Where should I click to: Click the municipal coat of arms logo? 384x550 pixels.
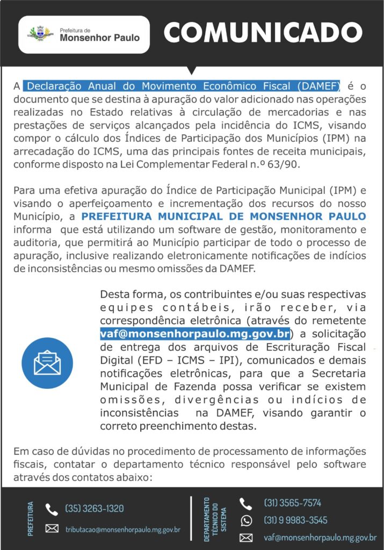point(40,34)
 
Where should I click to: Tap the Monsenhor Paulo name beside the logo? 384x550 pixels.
point(99,38)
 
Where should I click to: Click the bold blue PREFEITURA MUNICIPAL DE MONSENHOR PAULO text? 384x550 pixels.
point(224,216)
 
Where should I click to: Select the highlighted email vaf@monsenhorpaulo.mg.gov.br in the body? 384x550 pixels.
point(195,333)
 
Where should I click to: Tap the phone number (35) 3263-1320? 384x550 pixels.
point(94,508)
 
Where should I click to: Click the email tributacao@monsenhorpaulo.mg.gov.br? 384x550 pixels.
point(122,529)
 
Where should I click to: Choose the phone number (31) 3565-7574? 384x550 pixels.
point(292,503)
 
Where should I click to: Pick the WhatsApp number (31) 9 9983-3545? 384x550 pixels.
point(295,520)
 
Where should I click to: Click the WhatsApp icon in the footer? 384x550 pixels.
point(246,520)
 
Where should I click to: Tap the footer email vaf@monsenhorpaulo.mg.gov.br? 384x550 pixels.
point(320,537)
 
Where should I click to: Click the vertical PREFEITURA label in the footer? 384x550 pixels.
point(30,518)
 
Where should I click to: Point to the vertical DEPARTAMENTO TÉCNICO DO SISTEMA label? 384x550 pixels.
point(215,518)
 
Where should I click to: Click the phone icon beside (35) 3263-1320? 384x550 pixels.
point(52,509)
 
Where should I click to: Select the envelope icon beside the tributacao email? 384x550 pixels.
point(52,529)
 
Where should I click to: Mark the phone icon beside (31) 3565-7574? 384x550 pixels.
point(246,503)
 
